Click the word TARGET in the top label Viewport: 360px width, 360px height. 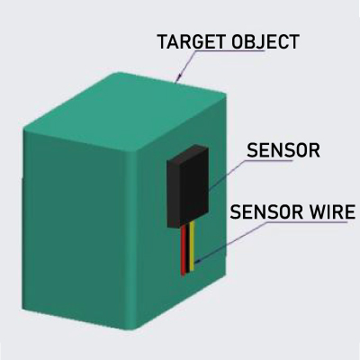pos(192,41)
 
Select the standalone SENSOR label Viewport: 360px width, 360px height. pos(283,150)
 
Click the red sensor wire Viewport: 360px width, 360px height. pos(184,249)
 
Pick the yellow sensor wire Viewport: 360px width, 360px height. pos(193,245)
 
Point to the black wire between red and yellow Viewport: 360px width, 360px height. pos(188,247)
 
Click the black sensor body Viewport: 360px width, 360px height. pos(188,186)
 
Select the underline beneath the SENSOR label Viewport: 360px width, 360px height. pos(268,160)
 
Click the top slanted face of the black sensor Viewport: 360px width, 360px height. pos(188,152)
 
